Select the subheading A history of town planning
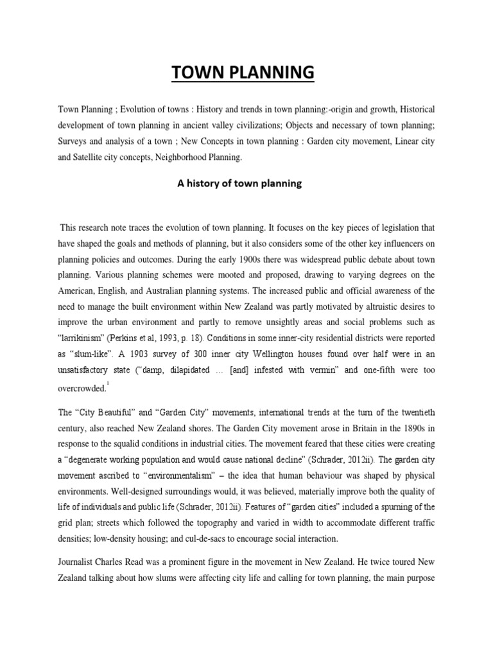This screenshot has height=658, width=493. (239, 184)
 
